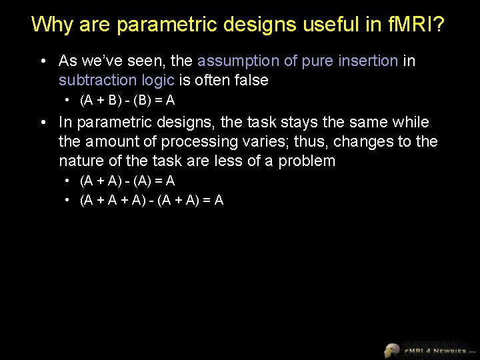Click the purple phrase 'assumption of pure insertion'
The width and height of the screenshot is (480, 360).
pyautogui.click(x=297, y=61)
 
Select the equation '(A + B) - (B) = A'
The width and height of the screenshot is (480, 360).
pyautogui.click(x=127, y=101)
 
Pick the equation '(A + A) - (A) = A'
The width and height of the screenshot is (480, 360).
pyautogui.click(x=127, y=181)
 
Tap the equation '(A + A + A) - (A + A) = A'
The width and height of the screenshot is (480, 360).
pyautogui.click(x=151, y=199)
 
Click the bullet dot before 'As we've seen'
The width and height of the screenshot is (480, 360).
pyautogui.click(x=42, y=61)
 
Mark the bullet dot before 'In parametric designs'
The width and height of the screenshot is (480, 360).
pyautogui.click(x=42, y=123)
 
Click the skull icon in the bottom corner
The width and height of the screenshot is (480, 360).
pyautogui.click(x=391, y=350)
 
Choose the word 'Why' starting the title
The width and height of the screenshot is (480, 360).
pyautogui.click(x=51, y=25)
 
